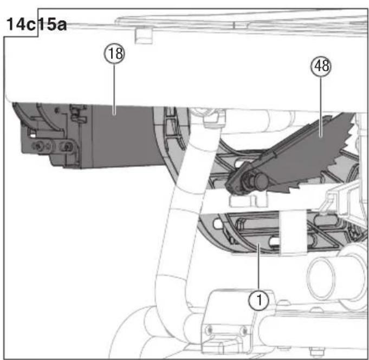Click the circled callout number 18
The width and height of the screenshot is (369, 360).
tap(114, 54)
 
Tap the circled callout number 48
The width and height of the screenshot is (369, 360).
tap(321, 66)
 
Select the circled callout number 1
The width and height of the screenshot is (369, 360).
tap(258, 300)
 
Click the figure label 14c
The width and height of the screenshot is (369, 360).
tap(21, 24)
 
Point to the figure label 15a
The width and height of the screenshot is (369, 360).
tap(53, 24)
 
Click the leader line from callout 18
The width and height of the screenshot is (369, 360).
tap(114, 89)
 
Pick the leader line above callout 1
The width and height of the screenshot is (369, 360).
tap(259, 267)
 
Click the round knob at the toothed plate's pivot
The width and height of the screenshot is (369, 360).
tap(261, 181)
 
